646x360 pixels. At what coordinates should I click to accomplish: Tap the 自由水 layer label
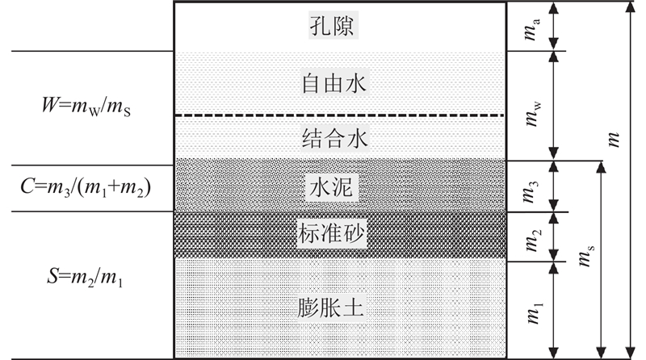click(339, 83)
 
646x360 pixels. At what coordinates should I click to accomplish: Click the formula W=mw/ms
click(85, 105)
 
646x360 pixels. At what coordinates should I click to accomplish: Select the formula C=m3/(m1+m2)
click(86, 188)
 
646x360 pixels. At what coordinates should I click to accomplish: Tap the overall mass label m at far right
click(616, 139)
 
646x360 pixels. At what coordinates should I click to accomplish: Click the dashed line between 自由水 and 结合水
click(339, 115)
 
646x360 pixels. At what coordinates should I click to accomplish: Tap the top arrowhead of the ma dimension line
click(553, 7)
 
